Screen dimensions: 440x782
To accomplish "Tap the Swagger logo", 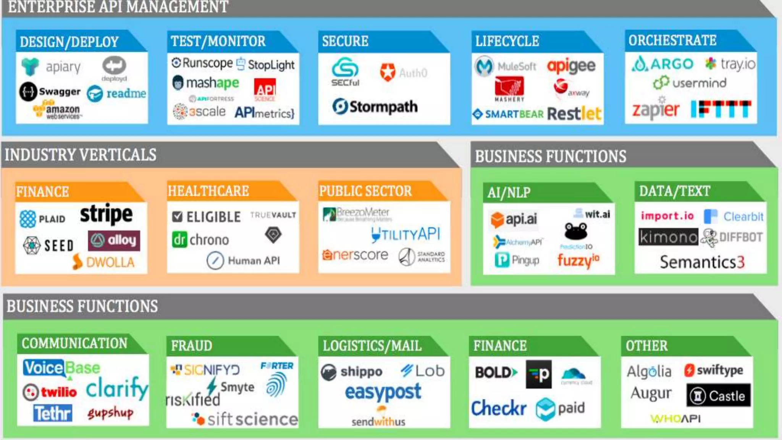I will (x=50, y=92).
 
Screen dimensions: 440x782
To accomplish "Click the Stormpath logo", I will (x=375, y=107).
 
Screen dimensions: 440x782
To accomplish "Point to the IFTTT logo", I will (x=721, y=109).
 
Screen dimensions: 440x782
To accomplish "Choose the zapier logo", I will (x=656, y=110).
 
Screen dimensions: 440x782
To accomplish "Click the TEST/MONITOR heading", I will (x=218, y=41).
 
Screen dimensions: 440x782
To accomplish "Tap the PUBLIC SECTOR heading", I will (x=365, y=191).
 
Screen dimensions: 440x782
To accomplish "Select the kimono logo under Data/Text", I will (x=668, y=237).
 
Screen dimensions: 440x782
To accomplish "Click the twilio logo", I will (x=50, y=392).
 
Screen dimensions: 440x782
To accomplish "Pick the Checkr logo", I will (x=499, y=408).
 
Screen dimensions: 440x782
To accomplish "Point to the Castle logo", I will (x=718, y=396).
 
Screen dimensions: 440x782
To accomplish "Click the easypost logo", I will (x=383, y=392).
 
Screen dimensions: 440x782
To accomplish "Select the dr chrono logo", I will (x=200, y=240).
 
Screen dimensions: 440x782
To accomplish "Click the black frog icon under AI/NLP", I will (x=576, y=231).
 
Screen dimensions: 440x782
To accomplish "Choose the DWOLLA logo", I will (x=103, y=262).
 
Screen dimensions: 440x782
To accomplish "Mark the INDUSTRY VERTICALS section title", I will (x=81, y=155).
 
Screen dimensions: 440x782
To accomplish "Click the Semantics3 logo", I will (x=702, y=262).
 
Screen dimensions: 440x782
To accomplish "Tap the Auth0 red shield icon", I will (x=388, y=72).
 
